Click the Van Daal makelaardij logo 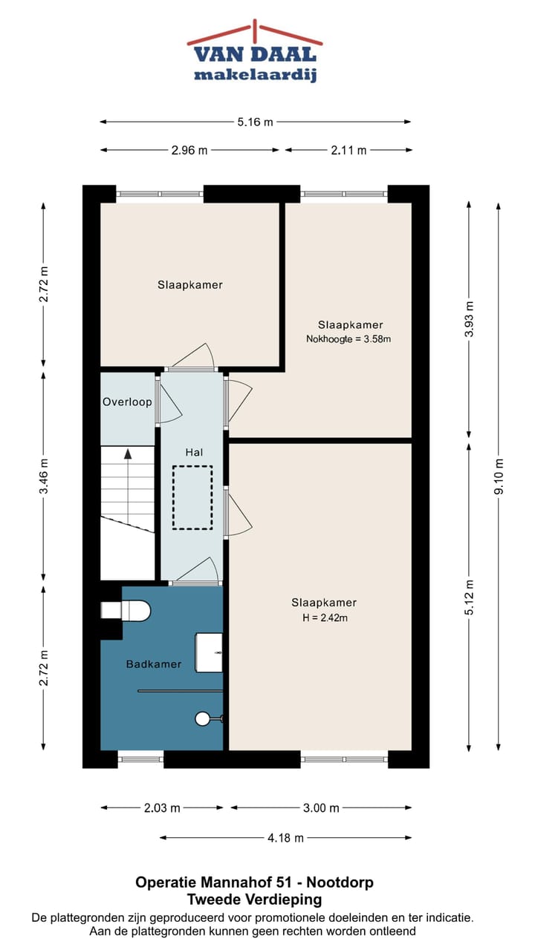click(255, 51)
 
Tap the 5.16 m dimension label click(255, 122)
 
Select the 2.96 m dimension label click(189, 150)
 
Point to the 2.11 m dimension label click(348, 150)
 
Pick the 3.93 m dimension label click(469, 319)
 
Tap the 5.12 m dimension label click(469, 597)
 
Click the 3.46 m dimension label click(43, 476)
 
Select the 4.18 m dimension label click(286, 838)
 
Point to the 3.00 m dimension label click(322, 808)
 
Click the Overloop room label click(127, 402)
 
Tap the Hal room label click(194, 453)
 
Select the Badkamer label click(154, 664)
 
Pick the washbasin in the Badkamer click(209, 652)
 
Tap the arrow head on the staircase click(128, 454)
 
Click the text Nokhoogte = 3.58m click(348, 339)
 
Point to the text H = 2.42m click(325, 618)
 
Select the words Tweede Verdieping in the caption click(255, 899)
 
